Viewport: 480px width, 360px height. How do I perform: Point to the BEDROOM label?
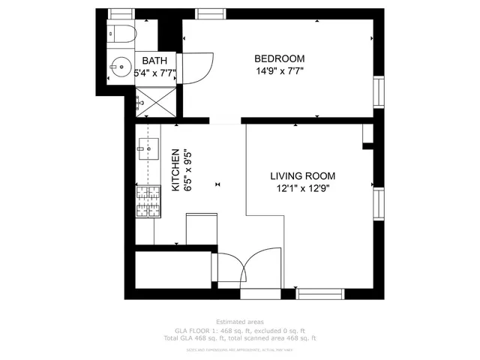coord(279,59)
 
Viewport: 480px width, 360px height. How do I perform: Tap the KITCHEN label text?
coord(175,170)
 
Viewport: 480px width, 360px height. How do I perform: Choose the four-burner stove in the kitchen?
coord(148,200)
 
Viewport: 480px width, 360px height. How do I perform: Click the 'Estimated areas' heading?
coord(239,321)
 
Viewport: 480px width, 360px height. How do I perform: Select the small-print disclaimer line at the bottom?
coord(239,349)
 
